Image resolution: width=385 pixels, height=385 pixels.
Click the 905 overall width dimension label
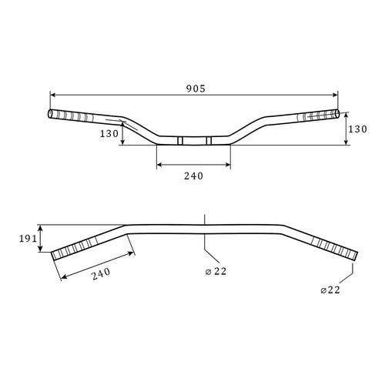196,89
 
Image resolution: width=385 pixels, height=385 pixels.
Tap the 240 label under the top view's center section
193,176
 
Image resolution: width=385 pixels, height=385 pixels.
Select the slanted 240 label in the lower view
101,274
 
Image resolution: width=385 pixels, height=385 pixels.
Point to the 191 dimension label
28,239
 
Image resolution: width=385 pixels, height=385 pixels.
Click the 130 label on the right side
357,129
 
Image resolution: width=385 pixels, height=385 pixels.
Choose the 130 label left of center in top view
109,133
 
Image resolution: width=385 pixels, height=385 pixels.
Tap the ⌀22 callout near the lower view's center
216,271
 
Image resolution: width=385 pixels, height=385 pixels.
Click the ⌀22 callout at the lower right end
330,290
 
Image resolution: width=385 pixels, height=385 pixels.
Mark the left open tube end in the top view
50,114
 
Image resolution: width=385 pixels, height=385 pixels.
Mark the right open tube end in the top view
337,114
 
